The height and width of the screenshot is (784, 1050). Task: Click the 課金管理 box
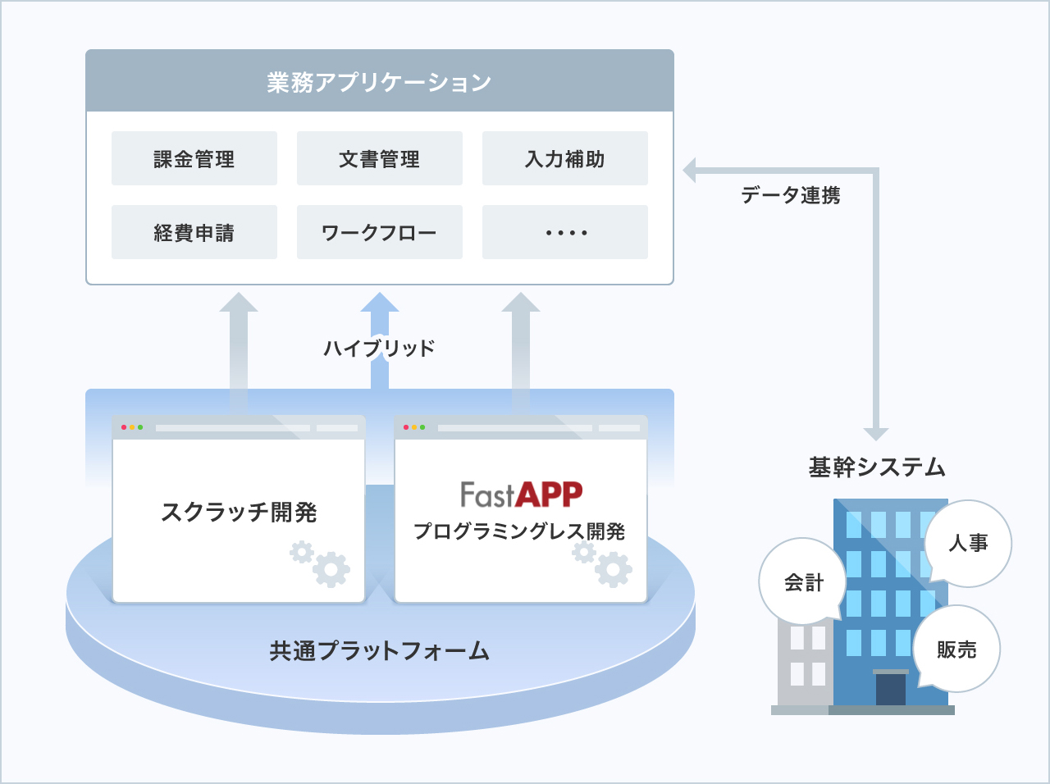[x=194, y=158]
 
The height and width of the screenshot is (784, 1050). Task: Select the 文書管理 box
[x=380, y=158]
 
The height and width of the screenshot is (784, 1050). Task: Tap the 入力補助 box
[x=565, y=158]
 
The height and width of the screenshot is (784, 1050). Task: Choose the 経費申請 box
[x=194, y=232]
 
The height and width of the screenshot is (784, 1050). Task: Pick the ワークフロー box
[x=380, y=232]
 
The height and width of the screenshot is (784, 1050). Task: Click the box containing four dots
[x=565, y=232]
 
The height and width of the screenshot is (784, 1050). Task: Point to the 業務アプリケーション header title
[x=379, y=82]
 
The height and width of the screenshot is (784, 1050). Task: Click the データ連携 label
[x=791, y=195]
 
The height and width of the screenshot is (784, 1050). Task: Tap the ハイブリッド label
[x=379, y=348]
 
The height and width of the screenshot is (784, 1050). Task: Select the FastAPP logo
[x=522, y=495]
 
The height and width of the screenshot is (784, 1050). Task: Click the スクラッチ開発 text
[x=239, y=513]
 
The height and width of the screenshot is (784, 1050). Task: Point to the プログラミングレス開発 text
[x=519, y=531]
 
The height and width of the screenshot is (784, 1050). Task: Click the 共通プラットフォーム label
[x=380, y=650]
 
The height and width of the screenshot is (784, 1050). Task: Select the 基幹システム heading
[x=877, y=467]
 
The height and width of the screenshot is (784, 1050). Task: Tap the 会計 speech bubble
[x=803, y=581]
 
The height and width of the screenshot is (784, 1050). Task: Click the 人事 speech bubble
[x=968, y=544]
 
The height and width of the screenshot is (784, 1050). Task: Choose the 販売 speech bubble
[x=956, y=650]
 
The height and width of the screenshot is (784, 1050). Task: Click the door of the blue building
[x=891, y=689]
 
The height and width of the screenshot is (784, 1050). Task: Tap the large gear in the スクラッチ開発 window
[x=331, y=569]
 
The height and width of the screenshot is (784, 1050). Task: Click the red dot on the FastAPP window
[x=406, y=427]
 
